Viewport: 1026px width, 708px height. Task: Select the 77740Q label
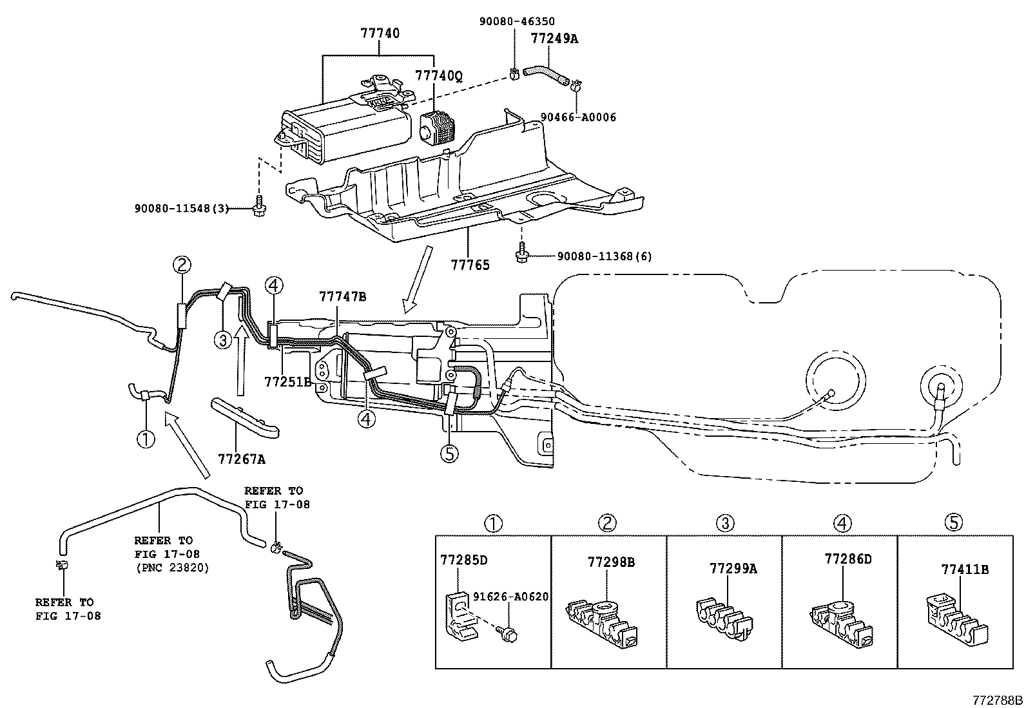(438, 76)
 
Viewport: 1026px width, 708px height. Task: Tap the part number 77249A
(554, 39)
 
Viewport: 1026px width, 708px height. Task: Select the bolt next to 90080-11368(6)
(520, 256)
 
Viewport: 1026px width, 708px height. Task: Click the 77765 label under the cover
(470, 265)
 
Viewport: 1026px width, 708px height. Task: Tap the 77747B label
(342, 296)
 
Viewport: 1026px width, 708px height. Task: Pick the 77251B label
(288, 381)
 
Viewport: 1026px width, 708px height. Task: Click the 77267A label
(242, 459)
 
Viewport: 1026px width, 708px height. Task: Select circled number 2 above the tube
(182, 264)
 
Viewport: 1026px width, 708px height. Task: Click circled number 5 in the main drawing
(449, 454)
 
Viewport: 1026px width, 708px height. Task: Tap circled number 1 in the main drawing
(146, 439)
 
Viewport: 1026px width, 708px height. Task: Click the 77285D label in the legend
(463, 559)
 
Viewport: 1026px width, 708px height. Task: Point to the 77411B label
(965, 569)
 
